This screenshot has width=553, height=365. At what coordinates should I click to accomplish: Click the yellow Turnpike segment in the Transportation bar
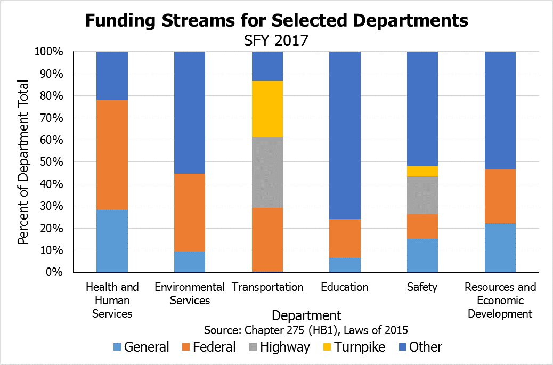[267, 109]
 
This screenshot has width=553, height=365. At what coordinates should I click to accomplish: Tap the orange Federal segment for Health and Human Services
[112, 155]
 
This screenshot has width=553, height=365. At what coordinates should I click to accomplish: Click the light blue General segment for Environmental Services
[190, 262]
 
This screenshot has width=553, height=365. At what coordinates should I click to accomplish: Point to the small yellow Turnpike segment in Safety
[422, 171]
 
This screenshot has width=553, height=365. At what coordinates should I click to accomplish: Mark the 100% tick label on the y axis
[49, 52]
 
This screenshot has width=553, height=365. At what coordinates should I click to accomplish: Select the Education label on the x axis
[345, 287]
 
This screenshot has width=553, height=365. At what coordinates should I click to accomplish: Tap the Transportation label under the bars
[267, 287]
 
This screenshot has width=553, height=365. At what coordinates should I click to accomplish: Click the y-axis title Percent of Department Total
[23, 161]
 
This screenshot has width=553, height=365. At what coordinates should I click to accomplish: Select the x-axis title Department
[306, 315]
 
